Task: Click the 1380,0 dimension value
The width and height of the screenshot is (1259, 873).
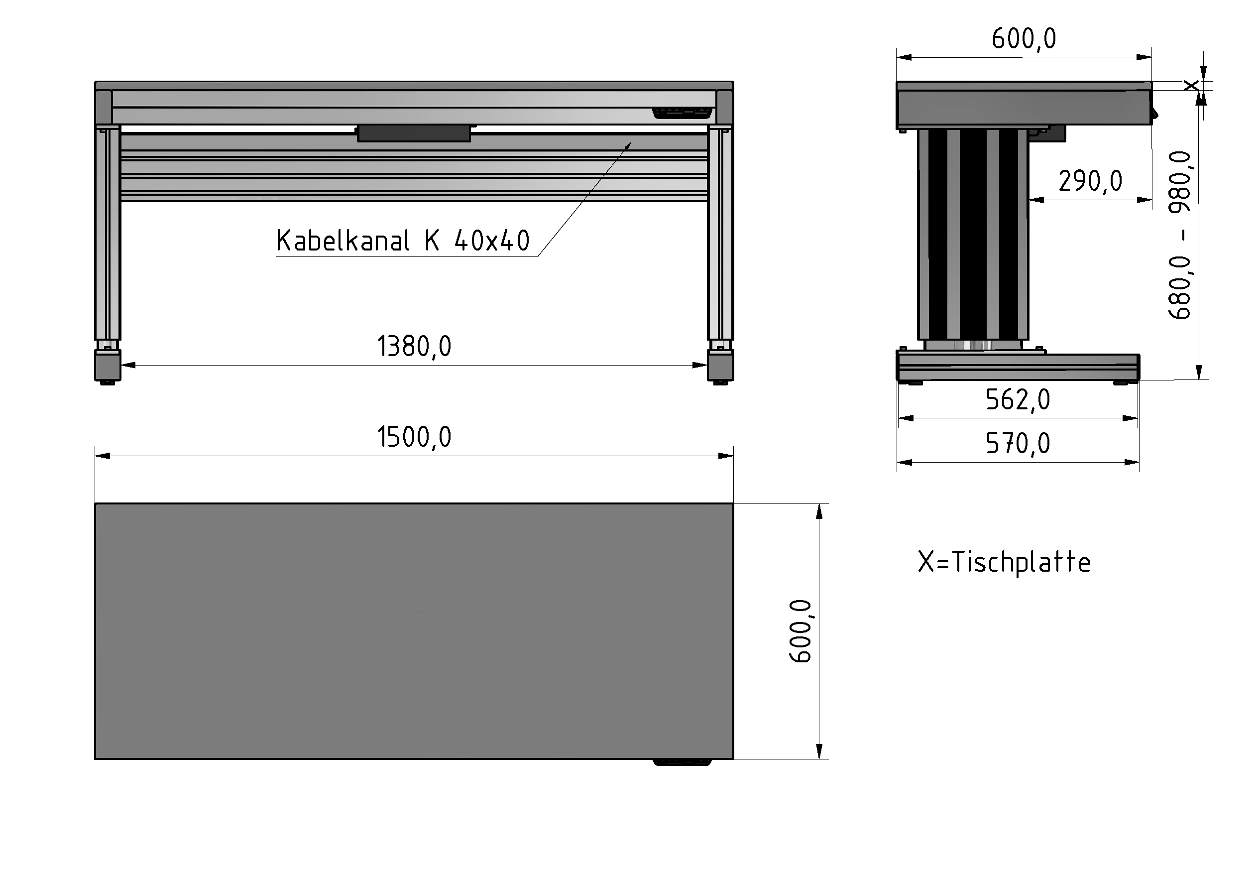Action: (414, 346)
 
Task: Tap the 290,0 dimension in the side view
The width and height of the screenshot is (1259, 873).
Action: (1090, 181)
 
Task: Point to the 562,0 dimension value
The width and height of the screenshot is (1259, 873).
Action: (1018, 400)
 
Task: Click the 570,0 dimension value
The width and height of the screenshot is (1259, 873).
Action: (1018, 444)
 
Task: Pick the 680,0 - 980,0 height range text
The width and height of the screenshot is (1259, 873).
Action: (1180, 235)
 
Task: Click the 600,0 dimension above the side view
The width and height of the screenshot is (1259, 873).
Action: (1024, 39)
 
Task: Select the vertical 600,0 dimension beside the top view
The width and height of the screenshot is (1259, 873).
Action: (801, 631)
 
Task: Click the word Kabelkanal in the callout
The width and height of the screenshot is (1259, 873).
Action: (343, 241)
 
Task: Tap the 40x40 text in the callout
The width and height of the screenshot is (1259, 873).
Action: (491, 241)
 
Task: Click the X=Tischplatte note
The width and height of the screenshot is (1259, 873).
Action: (1004, 562)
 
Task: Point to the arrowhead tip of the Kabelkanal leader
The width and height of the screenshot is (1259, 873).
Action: (631, 143)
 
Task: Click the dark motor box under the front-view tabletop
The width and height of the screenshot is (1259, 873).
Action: (414, 133)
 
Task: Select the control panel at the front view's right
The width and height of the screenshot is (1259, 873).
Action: (683, 113)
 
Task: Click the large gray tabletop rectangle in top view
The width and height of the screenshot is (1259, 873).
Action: (414, 630)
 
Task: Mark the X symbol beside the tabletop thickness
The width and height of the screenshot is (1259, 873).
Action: (1191, 85)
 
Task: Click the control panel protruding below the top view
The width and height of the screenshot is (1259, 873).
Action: (682, 761)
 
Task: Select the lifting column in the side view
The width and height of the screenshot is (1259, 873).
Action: (973, 235)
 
